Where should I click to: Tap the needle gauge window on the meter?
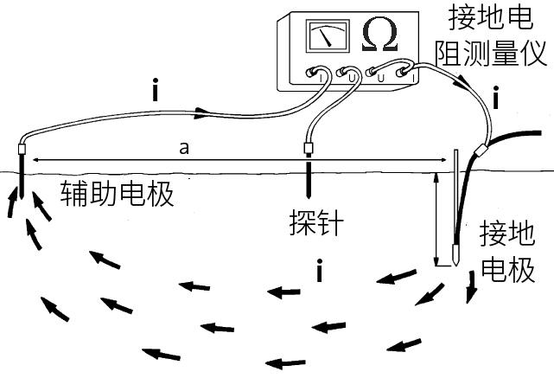pos(327,37)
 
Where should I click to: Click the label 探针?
pos(315,225)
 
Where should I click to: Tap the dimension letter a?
pos(183,148)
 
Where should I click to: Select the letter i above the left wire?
pos(155,90)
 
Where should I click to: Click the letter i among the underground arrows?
pos(320,272)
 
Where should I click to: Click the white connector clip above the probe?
pos(307,148)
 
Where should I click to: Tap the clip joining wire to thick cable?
pos(481,153)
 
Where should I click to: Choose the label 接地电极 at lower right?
pos(508,251)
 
